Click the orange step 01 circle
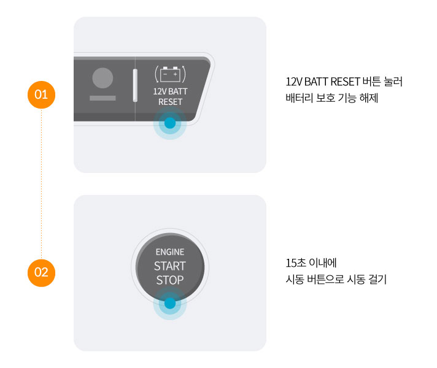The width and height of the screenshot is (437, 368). pyautogui.click(x=41, y=95)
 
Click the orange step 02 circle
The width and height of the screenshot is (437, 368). pyautogui.click(x=41, y=272)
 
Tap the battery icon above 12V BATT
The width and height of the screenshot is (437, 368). pyautogui.click(x=170, y=74)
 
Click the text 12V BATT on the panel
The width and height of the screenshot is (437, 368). pyautogui.click(x=170, y=91)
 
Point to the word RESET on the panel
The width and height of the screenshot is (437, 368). pyautogui.click(x=170, y=102)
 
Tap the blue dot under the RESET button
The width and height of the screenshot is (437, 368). pyautogui.click(x=170, y=123)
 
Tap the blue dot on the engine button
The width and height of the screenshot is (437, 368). pyautogui.click(x=170, y=303)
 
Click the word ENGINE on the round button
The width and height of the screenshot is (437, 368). pyautogui.click(x=170, y=252)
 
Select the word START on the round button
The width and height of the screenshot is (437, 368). pyautogui.click(x=170, y=267)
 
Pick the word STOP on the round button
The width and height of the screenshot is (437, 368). pyautogui.click(x=170, y=281)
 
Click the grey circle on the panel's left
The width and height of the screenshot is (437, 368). pyautogui.click(x=102, y=78)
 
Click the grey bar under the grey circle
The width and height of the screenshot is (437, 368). pyautogui.click(x=102, y=98)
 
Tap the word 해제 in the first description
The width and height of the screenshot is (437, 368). pyautogui.click(x=369, y=97)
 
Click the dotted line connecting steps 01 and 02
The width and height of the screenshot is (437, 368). pyautogui.click(x=41, y=184)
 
